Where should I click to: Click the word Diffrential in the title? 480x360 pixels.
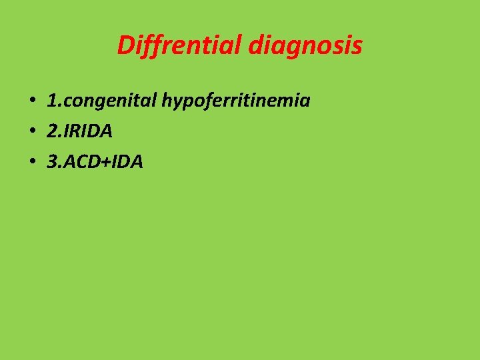(x=180, y=45)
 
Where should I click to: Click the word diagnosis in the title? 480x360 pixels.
(x=307, y=45)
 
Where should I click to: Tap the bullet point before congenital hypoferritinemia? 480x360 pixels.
(x=31, y=101)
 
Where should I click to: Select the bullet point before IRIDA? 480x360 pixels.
(x=31, y=131)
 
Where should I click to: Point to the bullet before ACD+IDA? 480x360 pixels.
(x=31, y=161)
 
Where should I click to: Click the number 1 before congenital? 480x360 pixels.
(x=51, y=101)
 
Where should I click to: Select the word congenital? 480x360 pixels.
(x=109, y=101)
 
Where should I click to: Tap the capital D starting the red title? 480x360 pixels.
(x=125, y=45)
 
